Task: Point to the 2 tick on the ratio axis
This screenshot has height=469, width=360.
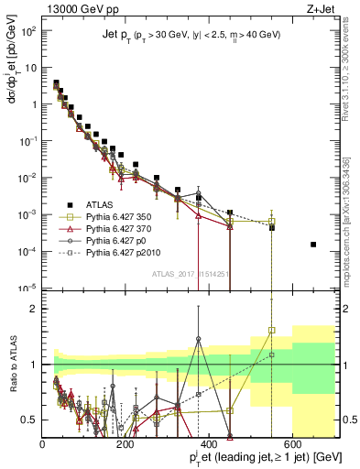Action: [x=34, y=309]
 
